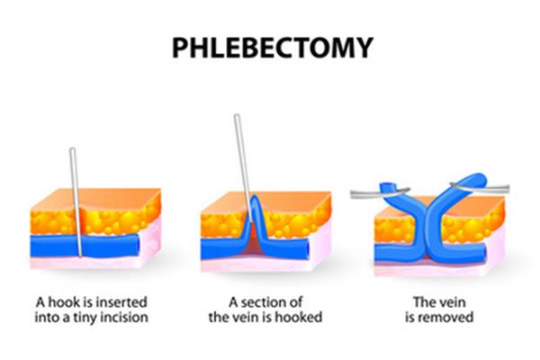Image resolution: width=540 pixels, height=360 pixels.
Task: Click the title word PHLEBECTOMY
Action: [273, 47]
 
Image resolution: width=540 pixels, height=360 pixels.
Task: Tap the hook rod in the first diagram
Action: [76, 202]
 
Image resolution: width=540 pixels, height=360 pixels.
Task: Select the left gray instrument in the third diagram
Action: [380, 194]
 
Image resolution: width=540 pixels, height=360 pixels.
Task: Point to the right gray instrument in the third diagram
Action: [481, 188]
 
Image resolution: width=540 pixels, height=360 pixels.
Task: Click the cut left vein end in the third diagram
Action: [387, 187]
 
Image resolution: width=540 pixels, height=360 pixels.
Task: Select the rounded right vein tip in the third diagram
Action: [477, 179]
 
